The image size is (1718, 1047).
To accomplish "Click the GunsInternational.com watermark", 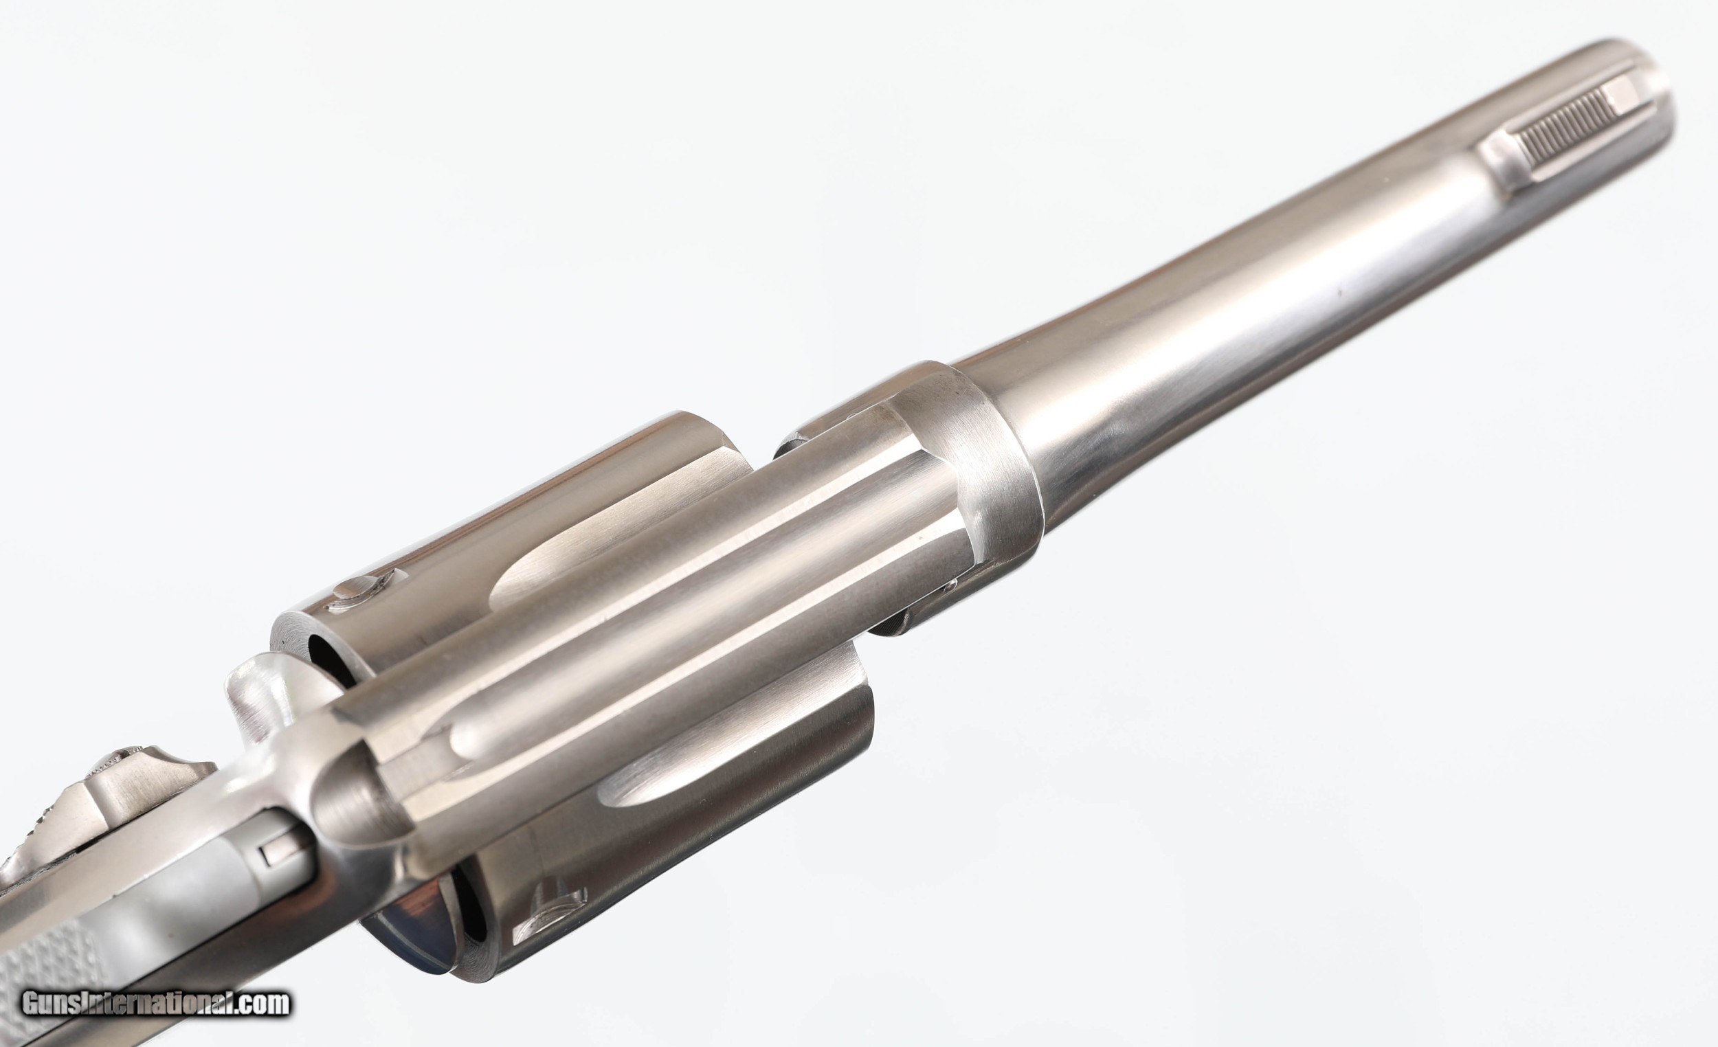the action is coord(155,1004).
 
